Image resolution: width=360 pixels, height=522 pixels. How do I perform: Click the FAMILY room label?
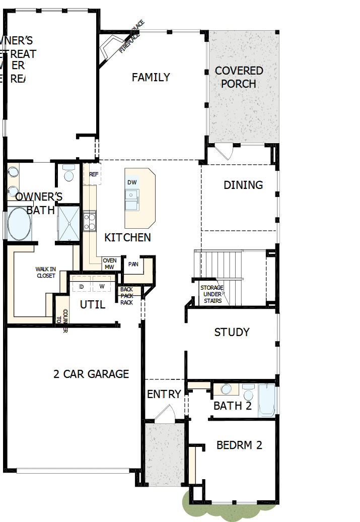pos(151,77)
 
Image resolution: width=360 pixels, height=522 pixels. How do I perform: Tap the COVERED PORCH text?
pos(239,77)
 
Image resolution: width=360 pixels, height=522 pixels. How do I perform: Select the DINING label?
pos(243,185)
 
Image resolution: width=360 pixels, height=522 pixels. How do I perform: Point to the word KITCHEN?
pos(127,237)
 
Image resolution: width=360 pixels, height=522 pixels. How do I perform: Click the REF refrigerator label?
pos(93,174)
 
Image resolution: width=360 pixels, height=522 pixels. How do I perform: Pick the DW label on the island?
pos(132,182)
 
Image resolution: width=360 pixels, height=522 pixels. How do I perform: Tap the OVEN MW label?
pos(110,264)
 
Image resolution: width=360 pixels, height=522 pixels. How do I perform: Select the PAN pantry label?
pos(133,264)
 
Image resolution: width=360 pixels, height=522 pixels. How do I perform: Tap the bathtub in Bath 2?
pos(266,401)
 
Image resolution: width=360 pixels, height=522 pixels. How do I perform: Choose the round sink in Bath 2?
pos(227,389)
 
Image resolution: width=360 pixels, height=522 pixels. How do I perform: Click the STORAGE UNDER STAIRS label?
pos(212,294)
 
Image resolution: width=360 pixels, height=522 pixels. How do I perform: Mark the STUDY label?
pos(232,333)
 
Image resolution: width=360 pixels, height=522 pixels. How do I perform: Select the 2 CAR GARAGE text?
pos(91,374)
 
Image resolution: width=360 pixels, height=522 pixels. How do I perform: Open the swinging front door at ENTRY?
pos(164,414)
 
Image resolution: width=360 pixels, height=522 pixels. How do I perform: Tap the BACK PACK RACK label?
pos(126,296)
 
